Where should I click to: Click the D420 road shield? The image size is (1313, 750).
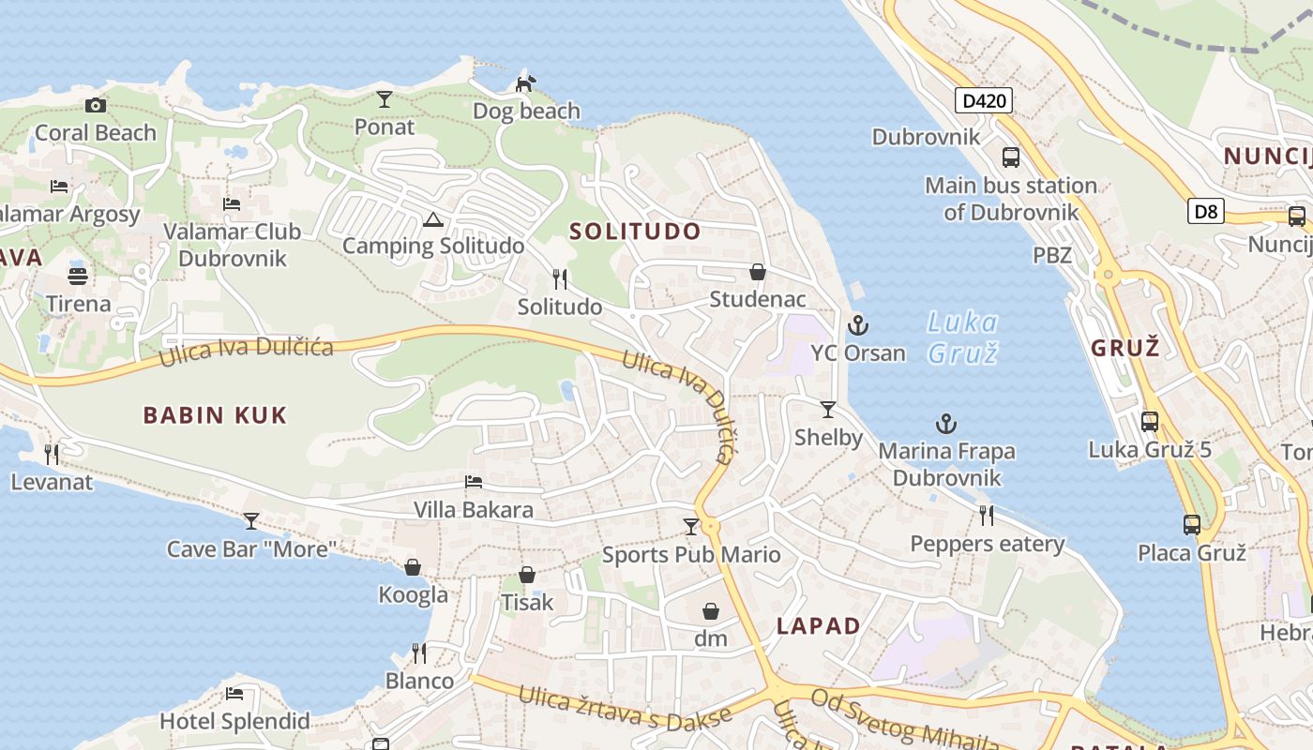point(984,100)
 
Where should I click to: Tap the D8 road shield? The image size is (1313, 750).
point(1206,211)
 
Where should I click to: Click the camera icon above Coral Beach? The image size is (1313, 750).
point(96,105)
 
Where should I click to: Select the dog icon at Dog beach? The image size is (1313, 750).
point(526,83)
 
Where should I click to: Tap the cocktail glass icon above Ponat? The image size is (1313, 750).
point(385,98)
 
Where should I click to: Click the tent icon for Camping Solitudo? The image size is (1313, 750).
point(432,220)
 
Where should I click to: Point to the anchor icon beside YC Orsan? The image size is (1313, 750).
point(857,325)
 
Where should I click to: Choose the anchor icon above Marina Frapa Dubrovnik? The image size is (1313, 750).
point(946,424)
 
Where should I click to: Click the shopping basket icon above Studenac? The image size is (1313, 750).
point(758,272)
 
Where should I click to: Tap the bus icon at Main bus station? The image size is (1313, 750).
point(1011,157)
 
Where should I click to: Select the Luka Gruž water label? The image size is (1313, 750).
point(962,337)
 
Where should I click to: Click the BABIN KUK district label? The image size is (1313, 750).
point(215,415)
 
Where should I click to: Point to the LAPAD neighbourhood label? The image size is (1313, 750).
point(819,626)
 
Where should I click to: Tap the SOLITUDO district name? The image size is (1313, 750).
point(635,232)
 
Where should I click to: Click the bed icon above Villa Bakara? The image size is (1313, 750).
point(474,482)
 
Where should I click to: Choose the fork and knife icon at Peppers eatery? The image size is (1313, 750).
point(987,515)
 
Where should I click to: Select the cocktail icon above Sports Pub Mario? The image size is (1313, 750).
point(691,527)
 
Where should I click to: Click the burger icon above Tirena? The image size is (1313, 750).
point(78,277)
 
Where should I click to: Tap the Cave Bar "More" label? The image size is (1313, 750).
point(251,548)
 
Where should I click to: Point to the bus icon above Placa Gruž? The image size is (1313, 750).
point(1191,524)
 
